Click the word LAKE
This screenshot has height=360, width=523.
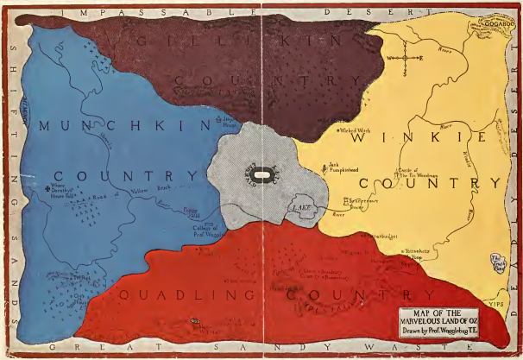[x=299, y=208]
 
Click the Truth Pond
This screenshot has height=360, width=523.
[x=499, y=262]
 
